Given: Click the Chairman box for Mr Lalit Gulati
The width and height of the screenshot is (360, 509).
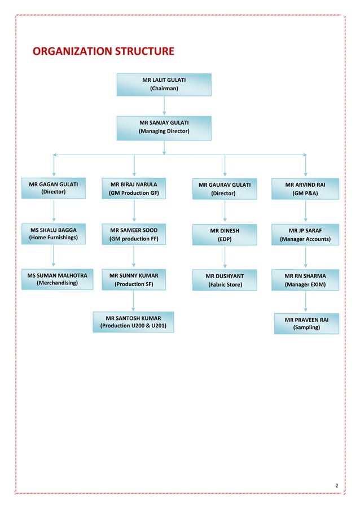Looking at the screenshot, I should (x=164, y=84).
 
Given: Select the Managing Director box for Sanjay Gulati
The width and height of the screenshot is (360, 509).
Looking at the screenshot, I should (x=164, y=127).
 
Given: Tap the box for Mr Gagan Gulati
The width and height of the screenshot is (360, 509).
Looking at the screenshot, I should (x=54, y=188).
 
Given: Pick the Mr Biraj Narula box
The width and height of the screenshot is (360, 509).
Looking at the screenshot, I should (x=134, y=188).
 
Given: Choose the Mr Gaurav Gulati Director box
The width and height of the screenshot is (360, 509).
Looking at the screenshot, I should (x=225, y=189).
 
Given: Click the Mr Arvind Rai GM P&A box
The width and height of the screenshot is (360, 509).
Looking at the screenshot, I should (x=305, y=188).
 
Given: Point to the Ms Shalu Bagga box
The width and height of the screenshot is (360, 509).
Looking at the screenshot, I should (x=54, y=234).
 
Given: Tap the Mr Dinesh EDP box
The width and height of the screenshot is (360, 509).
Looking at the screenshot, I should (x=225, y=235).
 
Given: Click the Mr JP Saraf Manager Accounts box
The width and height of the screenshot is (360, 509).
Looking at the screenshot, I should (x=305, y=235).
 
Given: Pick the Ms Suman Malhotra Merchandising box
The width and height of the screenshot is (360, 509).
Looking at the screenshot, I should (x=57, y=279).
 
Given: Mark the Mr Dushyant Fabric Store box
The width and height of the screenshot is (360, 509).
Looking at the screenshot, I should (x=225, y=280).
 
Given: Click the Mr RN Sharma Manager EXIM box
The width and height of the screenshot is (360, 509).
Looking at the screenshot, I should (x=305, y=280).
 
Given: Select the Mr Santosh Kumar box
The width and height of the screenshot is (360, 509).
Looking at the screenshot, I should (x=133, y=322).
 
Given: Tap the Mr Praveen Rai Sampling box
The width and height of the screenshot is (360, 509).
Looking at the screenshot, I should (x=306, y=323).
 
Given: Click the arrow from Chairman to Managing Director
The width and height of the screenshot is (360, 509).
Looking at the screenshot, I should (x=164, y=106).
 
